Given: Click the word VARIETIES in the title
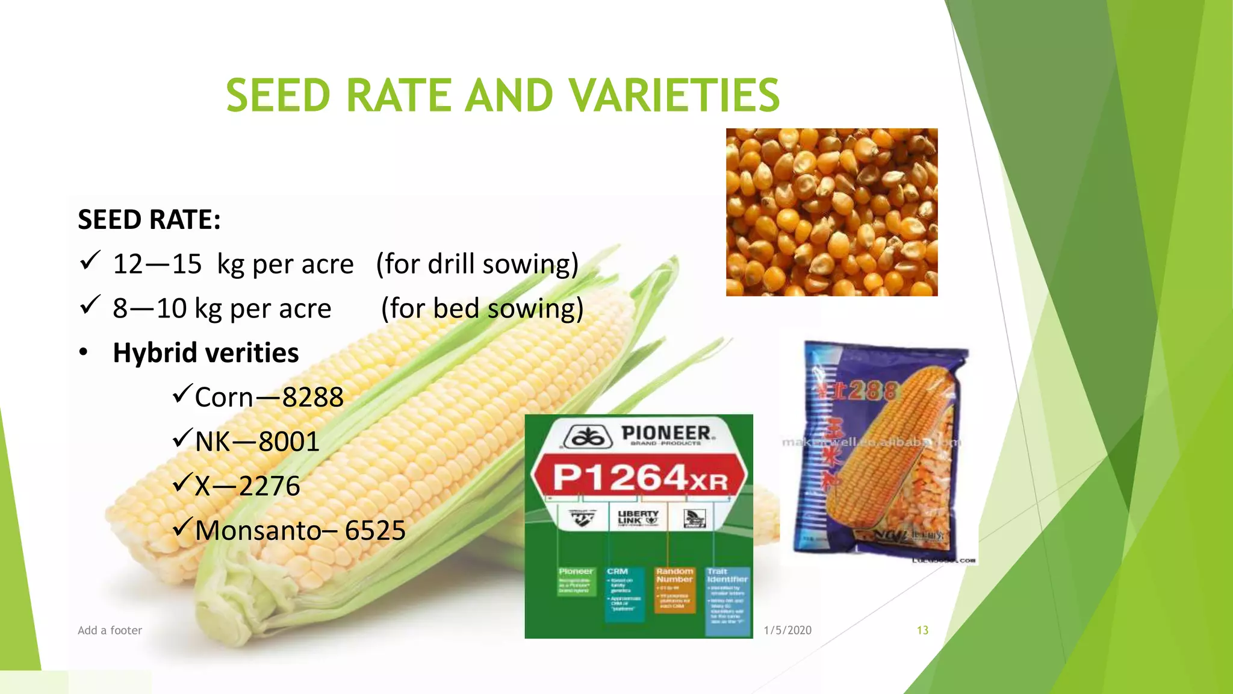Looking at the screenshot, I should coord(674,95).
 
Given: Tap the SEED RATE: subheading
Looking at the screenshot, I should coord(149,219).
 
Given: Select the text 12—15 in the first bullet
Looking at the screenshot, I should coord(157,264).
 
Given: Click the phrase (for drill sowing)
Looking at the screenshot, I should coord(477,264).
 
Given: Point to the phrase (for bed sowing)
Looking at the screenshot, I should coord(482,308).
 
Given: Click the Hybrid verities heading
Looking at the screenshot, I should coord(206,353).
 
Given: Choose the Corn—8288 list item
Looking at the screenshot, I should coord(269,398).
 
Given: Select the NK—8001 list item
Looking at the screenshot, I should coord(257,442).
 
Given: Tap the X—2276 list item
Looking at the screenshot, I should coord(247,486).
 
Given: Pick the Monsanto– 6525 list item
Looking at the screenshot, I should coord(300,531).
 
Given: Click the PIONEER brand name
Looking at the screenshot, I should coord(666,433).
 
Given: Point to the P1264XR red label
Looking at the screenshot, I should coord(639,478).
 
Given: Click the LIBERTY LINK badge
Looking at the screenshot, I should coord(638,517).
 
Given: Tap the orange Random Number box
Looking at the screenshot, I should coord(674,589).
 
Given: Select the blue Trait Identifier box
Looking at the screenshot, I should coord(727,599).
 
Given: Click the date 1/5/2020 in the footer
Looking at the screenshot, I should coord(787,630).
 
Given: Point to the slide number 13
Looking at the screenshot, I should coord(922,630).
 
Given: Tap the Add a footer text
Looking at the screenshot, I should coord(110,630).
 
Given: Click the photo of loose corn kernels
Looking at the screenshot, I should coord(831,212).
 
